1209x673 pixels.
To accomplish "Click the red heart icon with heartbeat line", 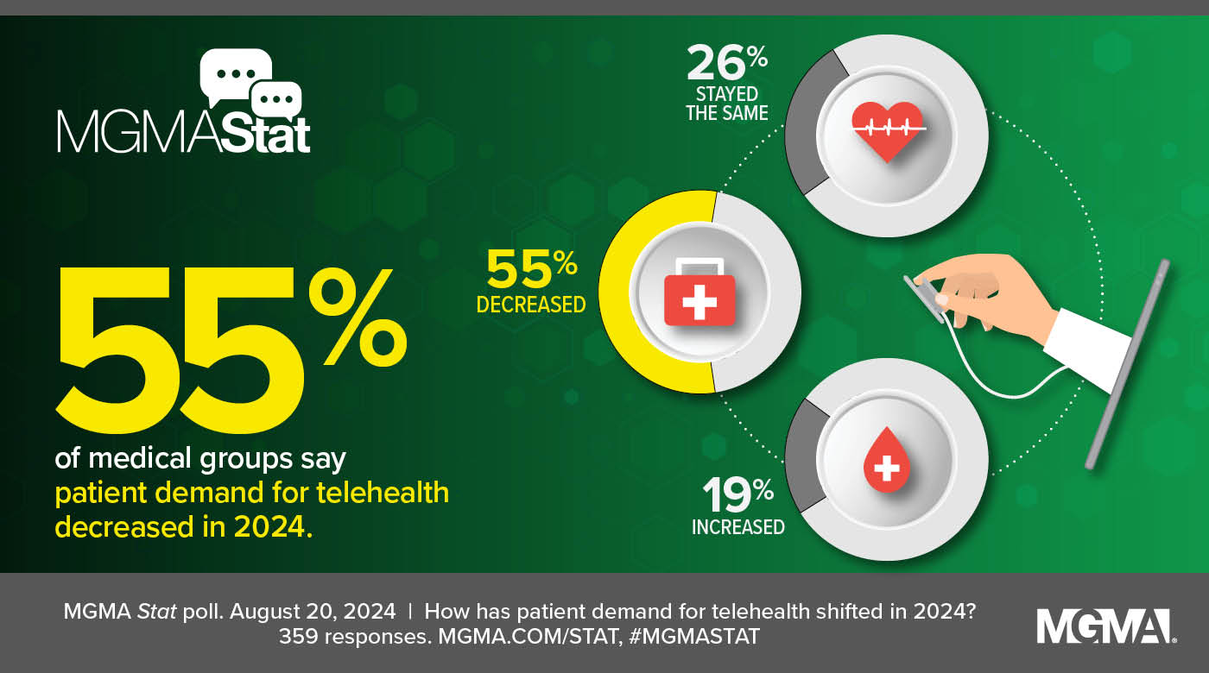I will click(889, 130).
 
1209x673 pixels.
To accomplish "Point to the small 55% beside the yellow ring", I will click(531, 270).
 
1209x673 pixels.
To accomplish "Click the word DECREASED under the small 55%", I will click(531, 305).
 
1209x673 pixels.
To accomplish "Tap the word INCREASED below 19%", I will click(738, 526).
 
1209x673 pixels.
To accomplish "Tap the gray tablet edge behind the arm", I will click(1130, 362).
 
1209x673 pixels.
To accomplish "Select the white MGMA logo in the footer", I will click(1105, 626).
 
